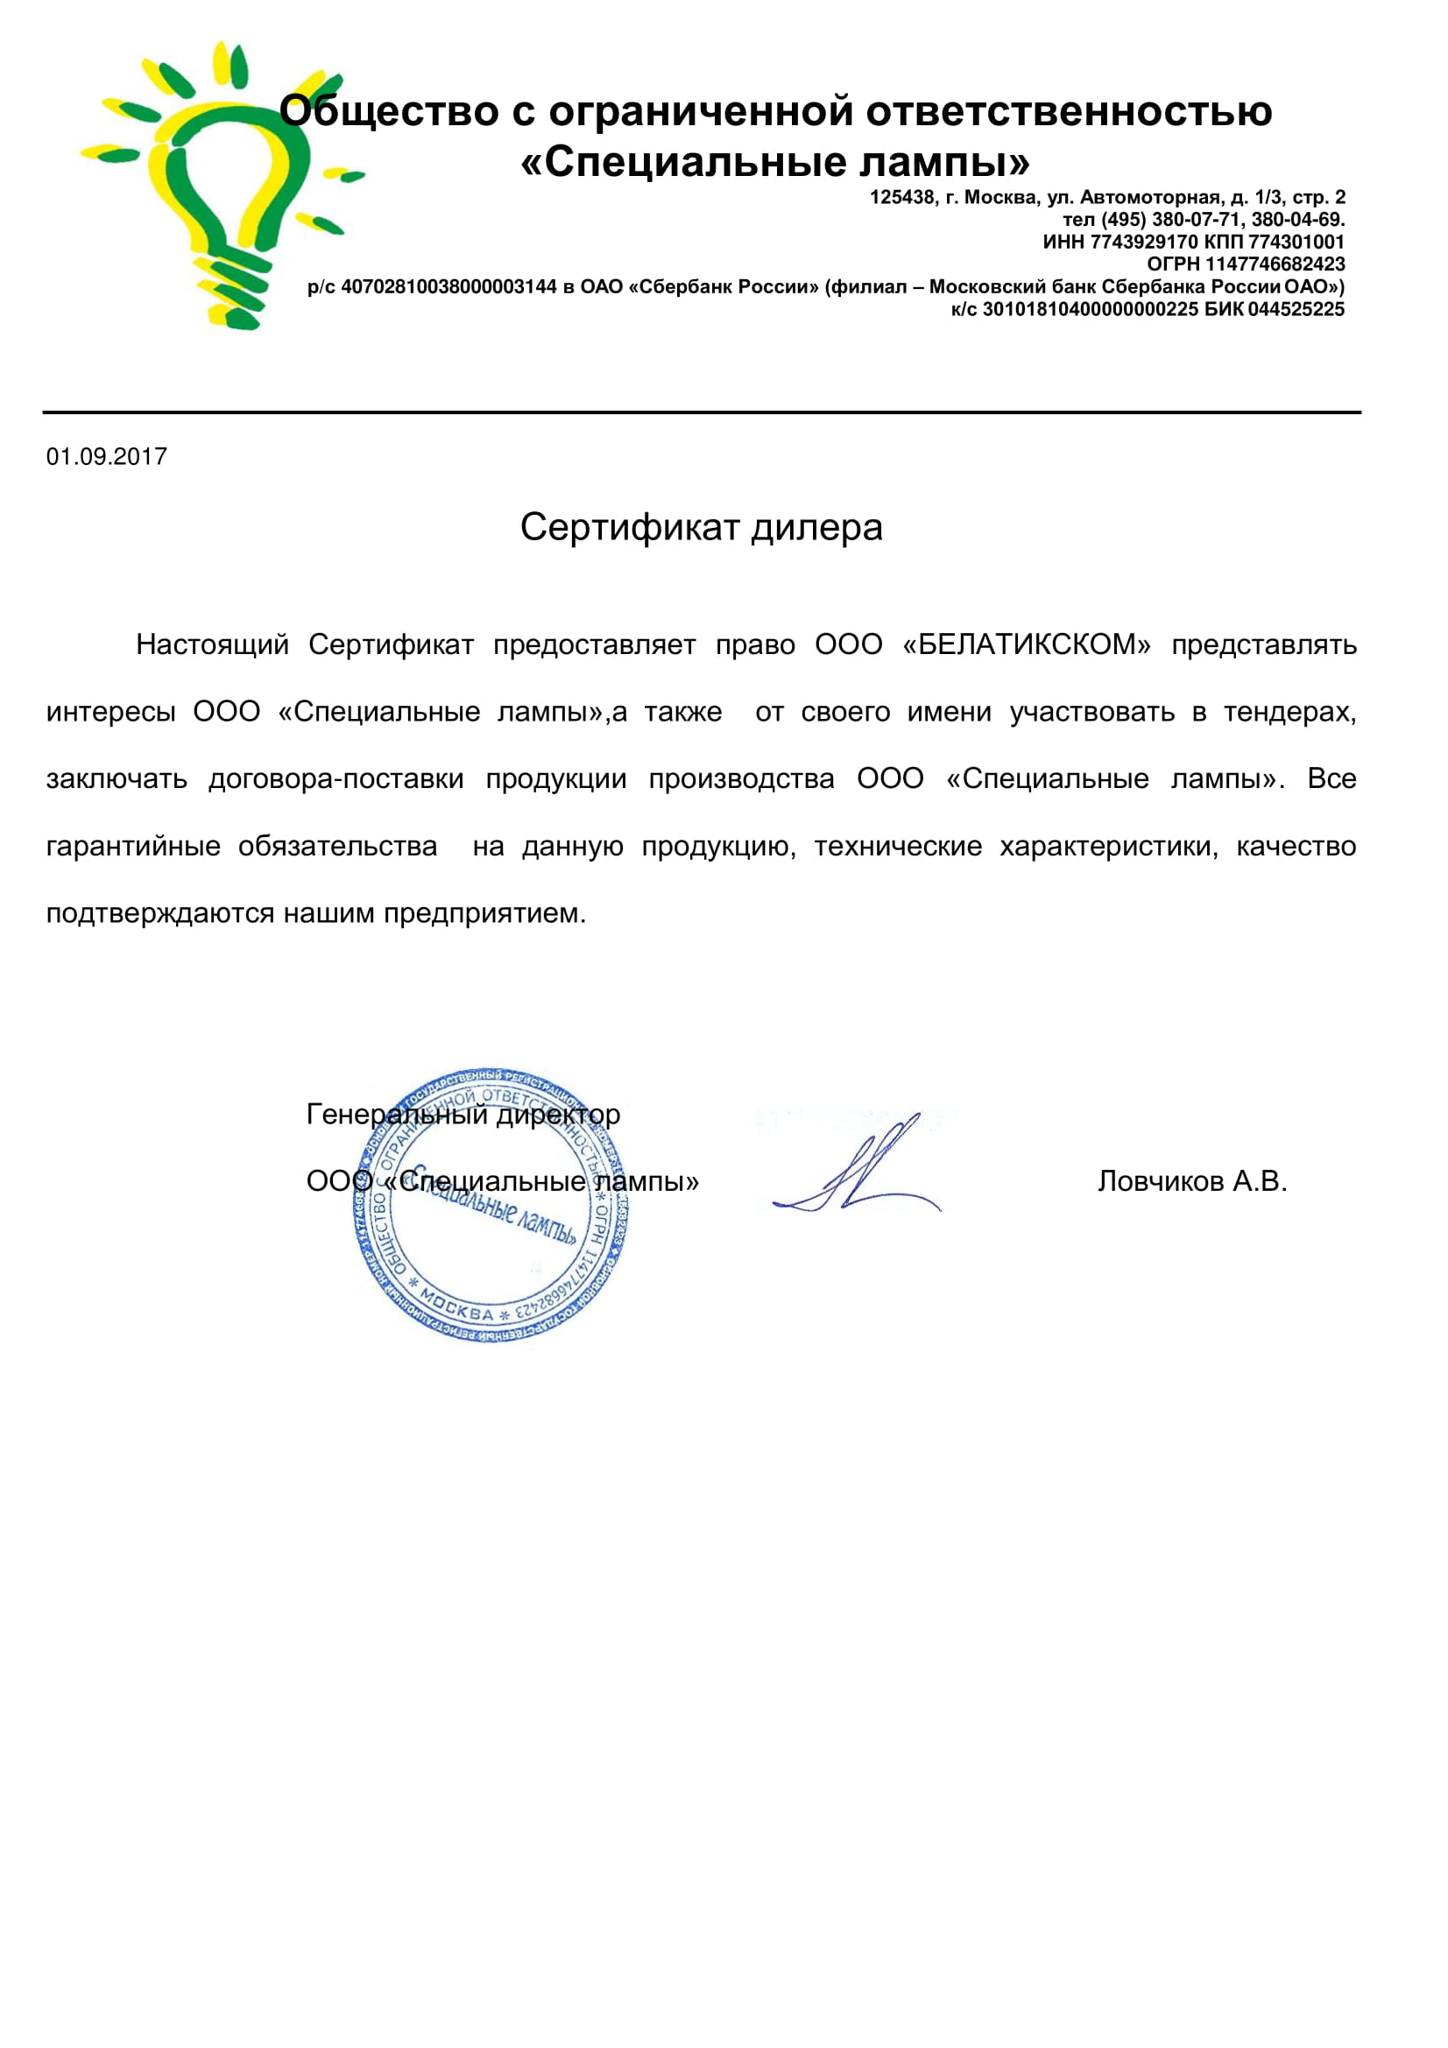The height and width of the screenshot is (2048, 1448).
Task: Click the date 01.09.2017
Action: click(107, 457)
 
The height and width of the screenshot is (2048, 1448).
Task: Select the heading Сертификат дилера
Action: click(702, 527)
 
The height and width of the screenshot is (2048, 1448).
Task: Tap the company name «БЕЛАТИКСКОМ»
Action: click(1027, 644)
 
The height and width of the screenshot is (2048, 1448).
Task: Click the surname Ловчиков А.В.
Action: click(1192, 1181)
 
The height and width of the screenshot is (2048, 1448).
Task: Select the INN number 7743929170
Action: click(1144, 242)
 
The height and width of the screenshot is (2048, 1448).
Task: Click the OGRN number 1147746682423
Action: click(1275, 264)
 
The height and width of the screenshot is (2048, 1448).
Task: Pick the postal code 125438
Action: click(902, 197)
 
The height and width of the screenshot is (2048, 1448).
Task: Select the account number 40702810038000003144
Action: click(449, 287)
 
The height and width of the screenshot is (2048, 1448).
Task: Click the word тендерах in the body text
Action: click(1289, 712)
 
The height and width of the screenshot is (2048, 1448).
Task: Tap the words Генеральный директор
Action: click(463, 1114)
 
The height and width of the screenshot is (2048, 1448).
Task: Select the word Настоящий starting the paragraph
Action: click(212, 644)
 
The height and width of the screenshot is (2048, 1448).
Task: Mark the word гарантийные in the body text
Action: click(133, 846)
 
